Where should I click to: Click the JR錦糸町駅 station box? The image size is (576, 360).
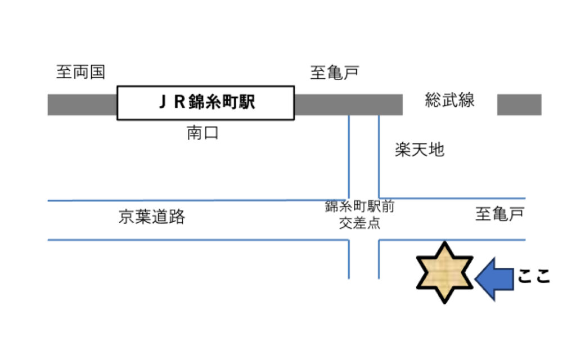[205, 103]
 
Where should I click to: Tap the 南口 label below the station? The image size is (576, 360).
[202, 134]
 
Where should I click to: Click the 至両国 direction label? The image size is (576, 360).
[80, 72]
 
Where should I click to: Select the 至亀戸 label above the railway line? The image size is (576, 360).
[335, 72]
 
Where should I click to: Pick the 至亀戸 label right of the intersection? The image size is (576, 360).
[499, 214]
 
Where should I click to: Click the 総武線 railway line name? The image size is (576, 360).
[449, 101]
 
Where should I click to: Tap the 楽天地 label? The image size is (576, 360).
[419, 150]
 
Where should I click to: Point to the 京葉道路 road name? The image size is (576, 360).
[152, 217]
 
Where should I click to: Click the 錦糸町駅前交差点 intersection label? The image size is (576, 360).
[359, 214]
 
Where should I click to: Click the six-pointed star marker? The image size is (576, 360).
[444, 272]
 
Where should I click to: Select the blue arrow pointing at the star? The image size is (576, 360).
[494, 276]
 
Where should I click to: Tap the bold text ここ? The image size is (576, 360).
[533, 277]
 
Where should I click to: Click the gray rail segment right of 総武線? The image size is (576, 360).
[519, 105]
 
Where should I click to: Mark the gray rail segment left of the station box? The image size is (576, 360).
[82, 105]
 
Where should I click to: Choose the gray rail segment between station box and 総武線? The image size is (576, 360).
[348, 105]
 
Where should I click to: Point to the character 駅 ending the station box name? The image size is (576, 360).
[247, 103]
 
